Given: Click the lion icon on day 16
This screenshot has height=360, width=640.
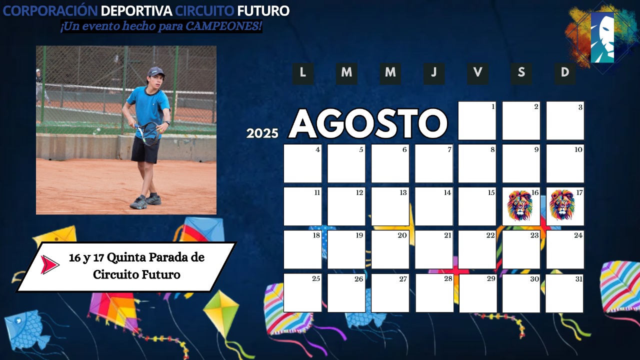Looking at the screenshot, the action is point(519,205).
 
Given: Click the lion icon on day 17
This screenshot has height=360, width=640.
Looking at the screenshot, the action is point(561,205).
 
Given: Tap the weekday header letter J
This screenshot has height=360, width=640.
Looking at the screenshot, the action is point(434,72).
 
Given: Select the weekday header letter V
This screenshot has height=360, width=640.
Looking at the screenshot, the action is point(477,72).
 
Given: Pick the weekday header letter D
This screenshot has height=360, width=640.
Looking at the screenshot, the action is point(565,72).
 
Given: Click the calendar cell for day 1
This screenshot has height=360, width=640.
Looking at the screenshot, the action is point(477,120).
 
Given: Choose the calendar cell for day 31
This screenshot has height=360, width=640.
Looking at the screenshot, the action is point(564,293).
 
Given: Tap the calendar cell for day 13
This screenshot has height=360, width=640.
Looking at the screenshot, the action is point(390,206).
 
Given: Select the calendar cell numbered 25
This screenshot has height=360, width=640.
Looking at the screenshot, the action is point(302,293).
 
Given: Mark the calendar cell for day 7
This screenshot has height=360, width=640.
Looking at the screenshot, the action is point(433,163).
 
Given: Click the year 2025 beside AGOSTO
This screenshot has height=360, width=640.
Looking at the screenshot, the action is point(262,133).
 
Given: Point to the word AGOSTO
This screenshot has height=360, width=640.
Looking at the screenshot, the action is point(368,123).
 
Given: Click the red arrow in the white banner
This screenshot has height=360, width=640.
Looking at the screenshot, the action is point(49,265).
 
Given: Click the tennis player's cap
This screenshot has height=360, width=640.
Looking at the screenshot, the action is point(156,71).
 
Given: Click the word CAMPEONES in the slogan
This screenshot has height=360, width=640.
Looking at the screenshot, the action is point(223,26).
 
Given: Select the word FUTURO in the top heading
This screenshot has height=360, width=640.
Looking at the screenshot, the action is point(263,11).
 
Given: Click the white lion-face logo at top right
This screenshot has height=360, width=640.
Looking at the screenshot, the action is point(602,37).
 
